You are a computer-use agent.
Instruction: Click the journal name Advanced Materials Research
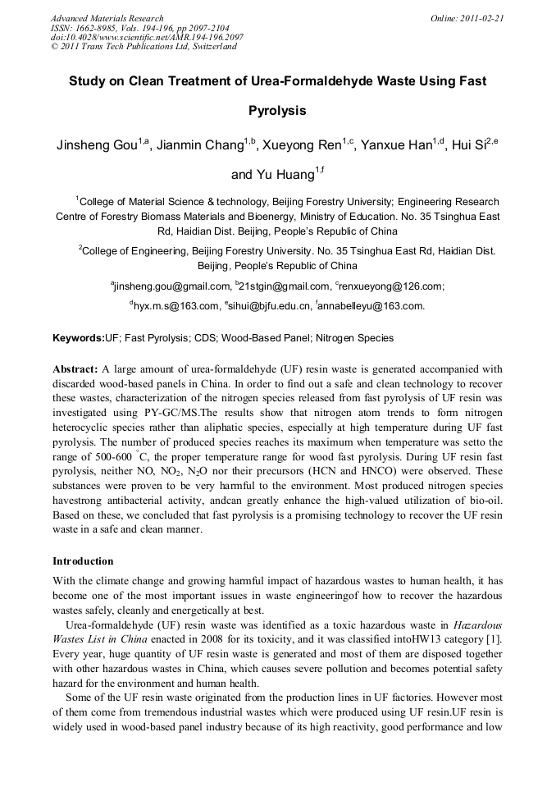(107, 18)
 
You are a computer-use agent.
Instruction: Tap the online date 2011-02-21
(481, 18)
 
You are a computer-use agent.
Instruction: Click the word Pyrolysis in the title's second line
(277, 110)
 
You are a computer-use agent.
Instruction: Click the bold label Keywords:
(79, 337)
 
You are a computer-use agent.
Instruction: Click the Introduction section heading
(83, 561)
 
